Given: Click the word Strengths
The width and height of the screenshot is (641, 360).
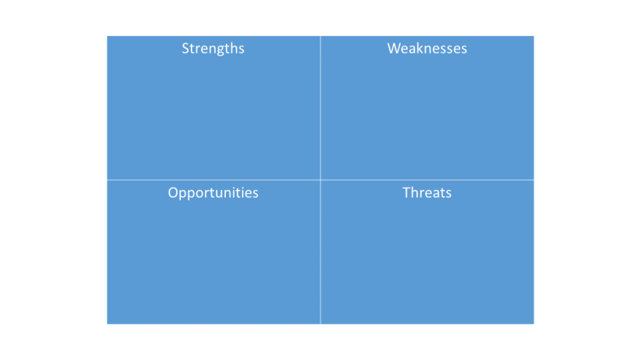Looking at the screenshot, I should click(213, 48).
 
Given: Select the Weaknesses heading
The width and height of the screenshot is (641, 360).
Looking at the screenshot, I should click(427, 48).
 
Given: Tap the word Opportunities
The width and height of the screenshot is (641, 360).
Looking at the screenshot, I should click(213, 193).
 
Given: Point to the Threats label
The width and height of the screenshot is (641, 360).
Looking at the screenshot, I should click(427, 193).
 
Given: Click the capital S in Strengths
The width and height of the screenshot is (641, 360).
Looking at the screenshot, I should click(185, 48).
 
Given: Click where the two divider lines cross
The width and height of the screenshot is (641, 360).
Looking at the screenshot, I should click(320, 180).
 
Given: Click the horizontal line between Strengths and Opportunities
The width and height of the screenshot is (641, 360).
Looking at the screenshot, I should click(214, 180).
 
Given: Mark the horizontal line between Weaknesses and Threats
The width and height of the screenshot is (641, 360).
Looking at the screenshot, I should click(427, 180).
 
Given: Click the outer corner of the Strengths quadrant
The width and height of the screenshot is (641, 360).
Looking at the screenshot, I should click(108, 37).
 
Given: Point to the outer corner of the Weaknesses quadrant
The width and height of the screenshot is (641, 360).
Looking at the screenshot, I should click(533, 37).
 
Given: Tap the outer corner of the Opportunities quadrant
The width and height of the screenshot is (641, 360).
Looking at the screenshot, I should click(108, 323).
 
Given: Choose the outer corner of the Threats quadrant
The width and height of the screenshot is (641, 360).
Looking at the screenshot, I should click(533, 323).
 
